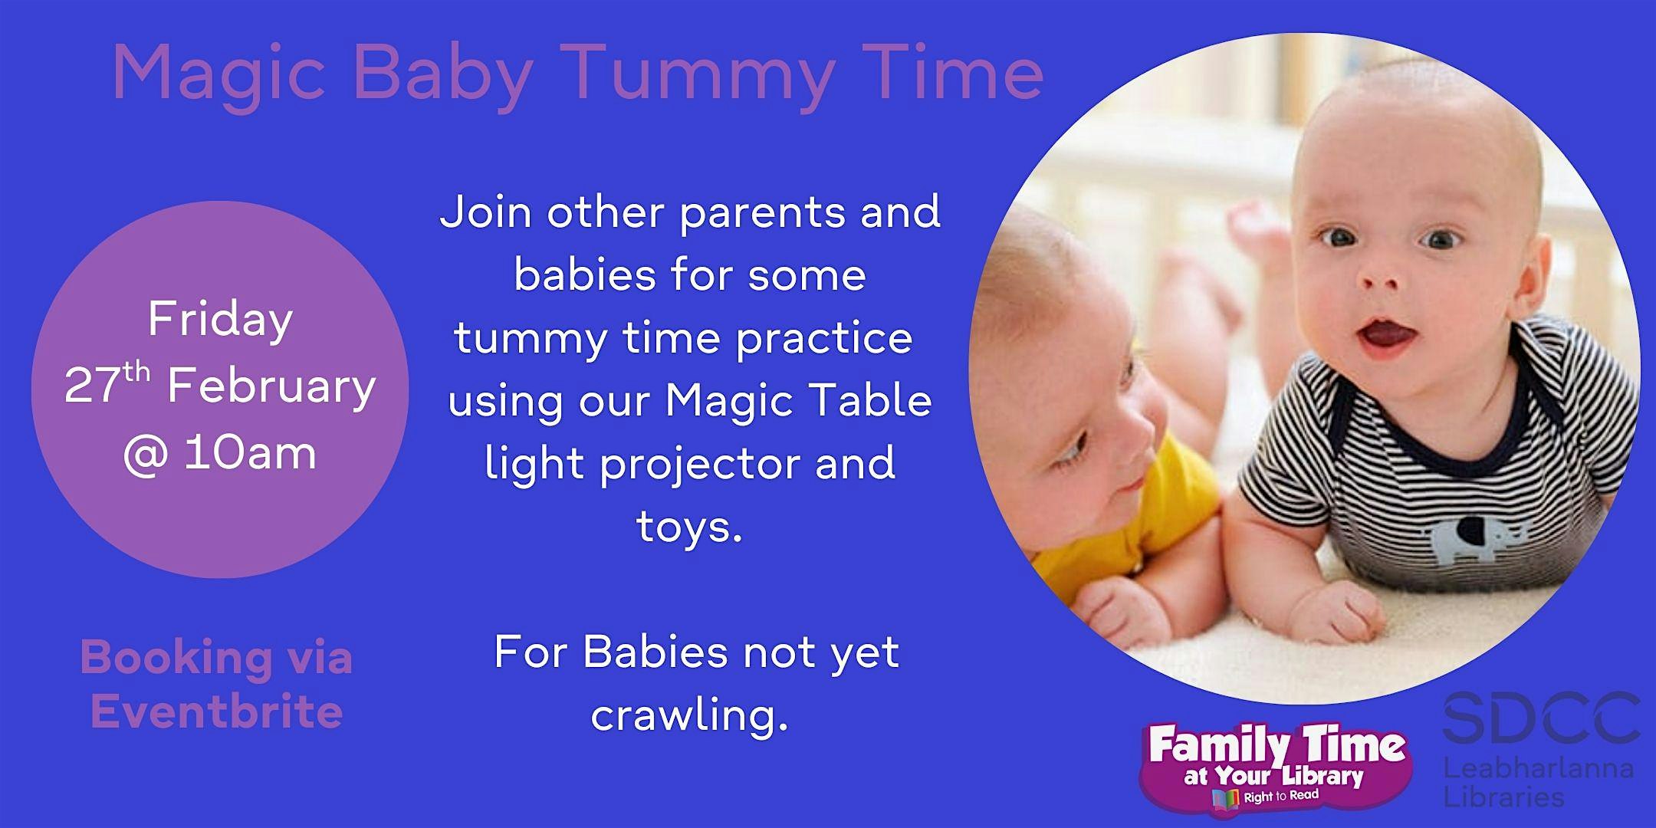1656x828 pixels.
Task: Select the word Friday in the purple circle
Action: click(x=220, y=320)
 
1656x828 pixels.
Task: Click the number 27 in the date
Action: click(x=90, y=387)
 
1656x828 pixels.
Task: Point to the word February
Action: click(x=271, y=387)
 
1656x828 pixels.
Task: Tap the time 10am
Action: click(x=250, y=454)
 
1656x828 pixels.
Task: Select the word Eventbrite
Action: click(x=216, y=711)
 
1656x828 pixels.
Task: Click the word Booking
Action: click(x=176, y=658)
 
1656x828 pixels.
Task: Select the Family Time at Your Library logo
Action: click(x=1276, y=766)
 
